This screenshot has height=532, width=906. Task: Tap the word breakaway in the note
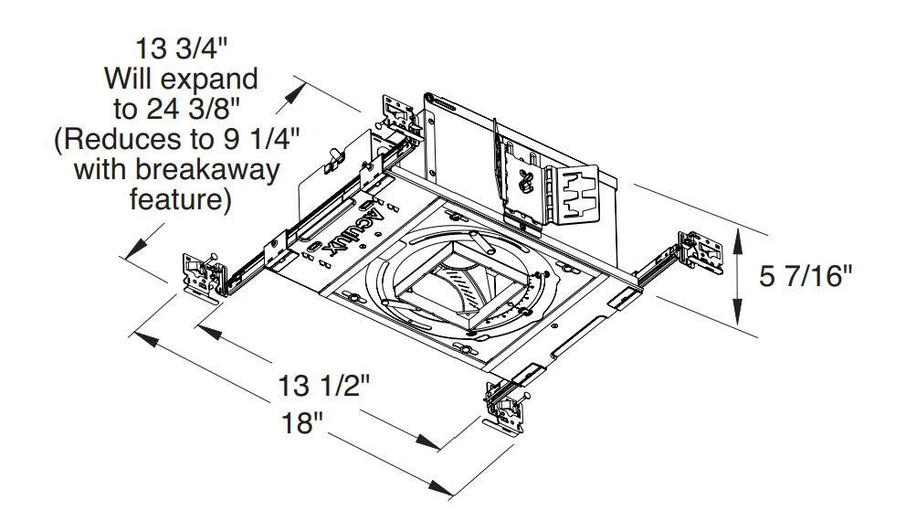coord(228,169)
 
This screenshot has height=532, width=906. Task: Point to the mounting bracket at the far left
coord(205,271)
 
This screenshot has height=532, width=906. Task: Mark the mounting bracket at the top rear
coord(398,114)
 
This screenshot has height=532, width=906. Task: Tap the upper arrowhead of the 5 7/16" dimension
coord(738,234)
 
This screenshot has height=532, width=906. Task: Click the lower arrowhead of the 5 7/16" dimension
coord(738,319)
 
